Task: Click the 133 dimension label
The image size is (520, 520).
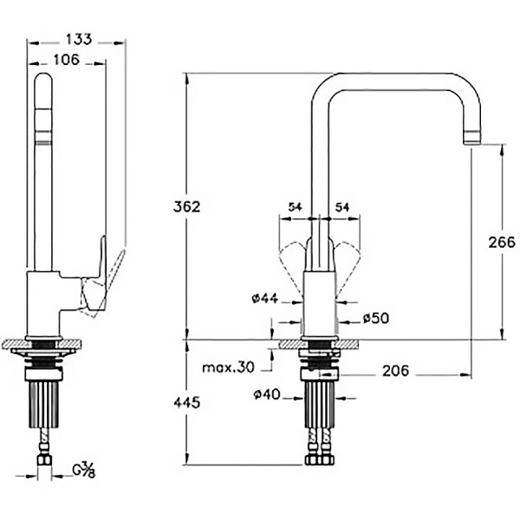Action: coord(79,39)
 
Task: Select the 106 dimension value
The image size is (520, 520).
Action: coord(67,60)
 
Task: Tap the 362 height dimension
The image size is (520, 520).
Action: coord(187,206)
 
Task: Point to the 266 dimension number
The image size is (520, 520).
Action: coord(502,243)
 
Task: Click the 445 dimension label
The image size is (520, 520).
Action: coord(187,403)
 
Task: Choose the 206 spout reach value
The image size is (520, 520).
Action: coord(396,371)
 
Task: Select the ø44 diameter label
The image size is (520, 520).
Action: coord(265,298)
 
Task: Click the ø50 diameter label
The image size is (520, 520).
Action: coord(376,318)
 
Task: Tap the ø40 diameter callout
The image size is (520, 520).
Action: coord(267,394)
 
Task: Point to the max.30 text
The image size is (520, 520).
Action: coord(228,367)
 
